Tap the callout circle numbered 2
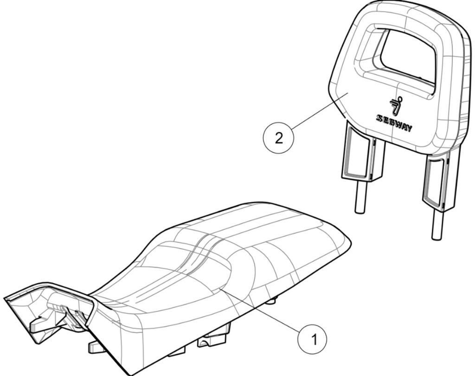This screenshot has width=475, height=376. (x=278, y=138)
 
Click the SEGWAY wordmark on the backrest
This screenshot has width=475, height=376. (x=393, y=123)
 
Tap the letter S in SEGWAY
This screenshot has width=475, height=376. (x=379, y=117)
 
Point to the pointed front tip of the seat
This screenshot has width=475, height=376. (x=5, y=298)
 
